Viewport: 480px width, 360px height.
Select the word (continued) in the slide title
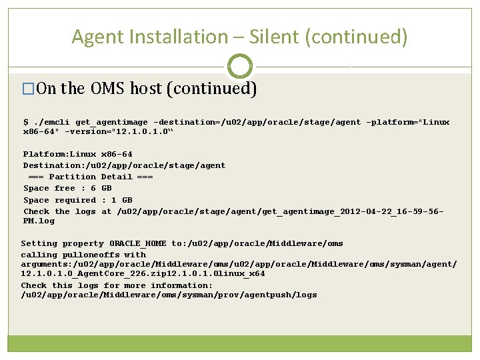(355, 37)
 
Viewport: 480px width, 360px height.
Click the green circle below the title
(240, 67)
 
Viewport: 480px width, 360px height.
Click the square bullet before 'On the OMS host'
(28, 89)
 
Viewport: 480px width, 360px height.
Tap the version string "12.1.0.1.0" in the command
(141, 132)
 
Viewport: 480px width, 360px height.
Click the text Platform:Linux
(60, 155)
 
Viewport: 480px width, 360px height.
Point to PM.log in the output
(39, 221)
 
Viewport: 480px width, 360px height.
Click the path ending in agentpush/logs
(169, 295)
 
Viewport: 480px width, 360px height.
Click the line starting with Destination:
(124, 166)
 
